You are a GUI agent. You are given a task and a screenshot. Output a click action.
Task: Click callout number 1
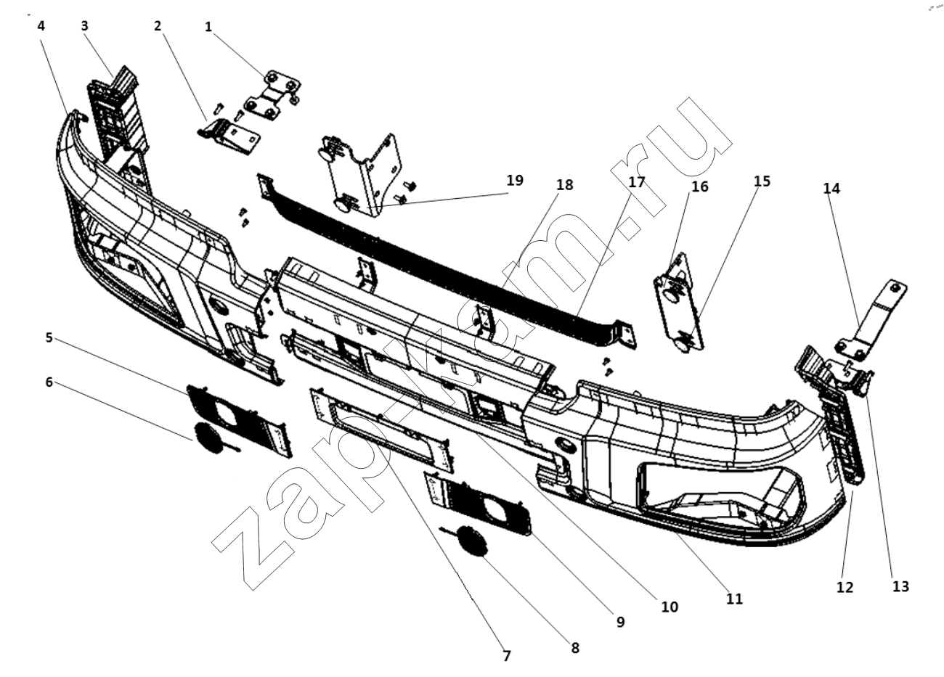pyautogui.click(x=208, y=27)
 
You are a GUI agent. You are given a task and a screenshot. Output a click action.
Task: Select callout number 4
pyautogui.click(x=41, y=25)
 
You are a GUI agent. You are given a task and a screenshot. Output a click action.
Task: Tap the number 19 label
pyautogui.click(x=515, y=180)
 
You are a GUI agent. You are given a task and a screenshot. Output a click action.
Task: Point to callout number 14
pyautogui.click(x=831, y=188)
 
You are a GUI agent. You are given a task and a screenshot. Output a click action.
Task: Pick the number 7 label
pyautogui.click(x=507, y=656)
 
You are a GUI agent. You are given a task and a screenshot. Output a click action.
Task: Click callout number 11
pyautogui.click(x=735, y=599)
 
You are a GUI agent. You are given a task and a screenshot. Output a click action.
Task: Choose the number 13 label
pyautogui.click(x=900, y=586)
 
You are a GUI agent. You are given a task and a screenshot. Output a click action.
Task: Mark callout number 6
pyautogui.click(x=49, y=382)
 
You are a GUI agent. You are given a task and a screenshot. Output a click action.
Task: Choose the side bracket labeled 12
pyautogui.click(x=842, y=435)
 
